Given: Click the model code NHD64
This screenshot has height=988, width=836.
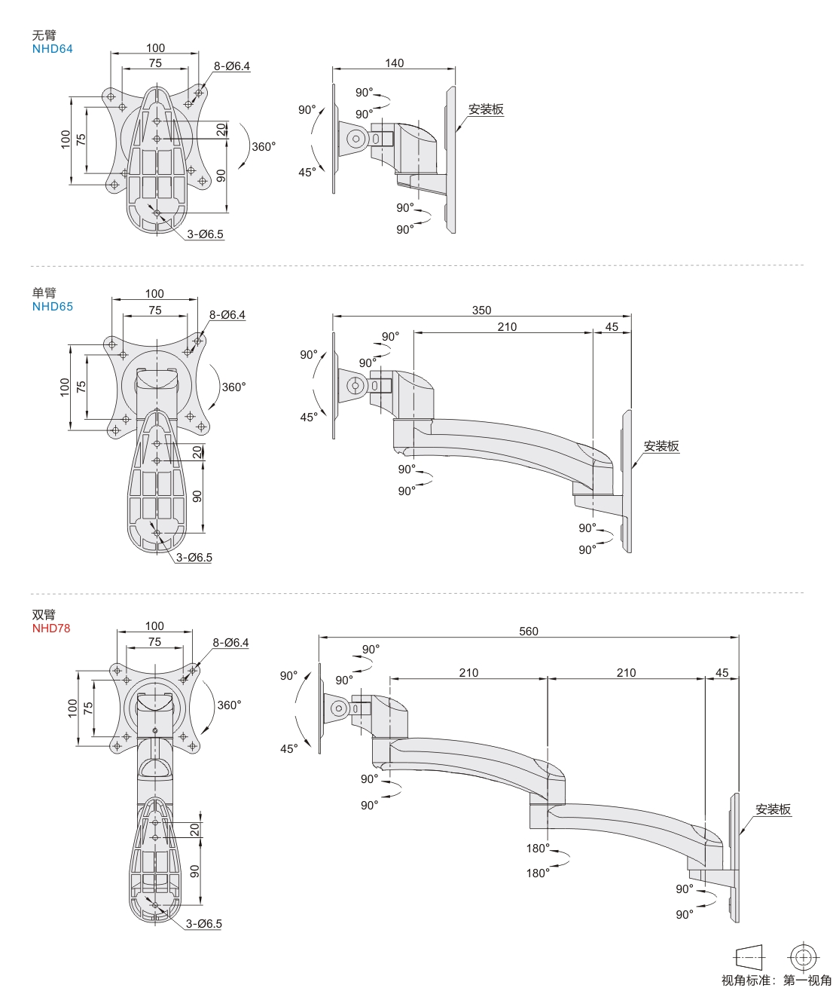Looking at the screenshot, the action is [53, 49].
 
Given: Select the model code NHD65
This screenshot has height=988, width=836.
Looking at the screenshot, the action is [53, 307].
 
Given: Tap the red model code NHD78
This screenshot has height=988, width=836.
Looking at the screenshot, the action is [51, 628].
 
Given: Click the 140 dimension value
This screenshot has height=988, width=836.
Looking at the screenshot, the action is [395, 63].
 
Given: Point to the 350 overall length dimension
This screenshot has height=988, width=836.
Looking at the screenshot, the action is [481, 310].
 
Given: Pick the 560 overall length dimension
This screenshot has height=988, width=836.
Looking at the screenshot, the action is [529, 632].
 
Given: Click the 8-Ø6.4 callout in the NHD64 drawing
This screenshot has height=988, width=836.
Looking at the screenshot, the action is [232, 66].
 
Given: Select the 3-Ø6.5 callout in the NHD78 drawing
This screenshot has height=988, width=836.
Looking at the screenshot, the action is [204, 923].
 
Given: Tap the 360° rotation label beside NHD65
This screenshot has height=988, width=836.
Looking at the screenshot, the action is [233, 387].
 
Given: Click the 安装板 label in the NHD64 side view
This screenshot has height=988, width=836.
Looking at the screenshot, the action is [486, 109].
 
